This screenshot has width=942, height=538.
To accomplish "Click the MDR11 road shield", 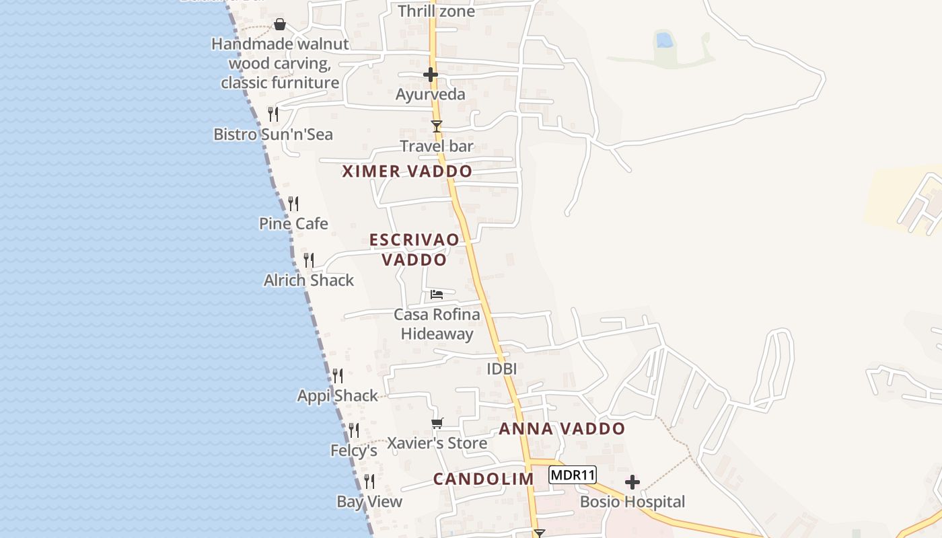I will pos(573,475).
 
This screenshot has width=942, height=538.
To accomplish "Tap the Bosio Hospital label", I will pos(632,502).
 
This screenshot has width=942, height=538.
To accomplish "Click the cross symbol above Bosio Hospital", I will pos(632,482).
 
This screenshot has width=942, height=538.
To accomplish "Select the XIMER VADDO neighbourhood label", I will pos(407,171).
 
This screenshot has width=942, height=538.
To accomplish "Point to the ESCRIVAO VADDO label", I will pos(414,249).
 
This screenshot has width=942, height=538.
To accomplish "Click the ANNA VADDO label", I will pos(562,428).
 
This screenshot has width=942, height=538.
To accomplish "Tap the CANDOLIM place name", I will pos(483,479).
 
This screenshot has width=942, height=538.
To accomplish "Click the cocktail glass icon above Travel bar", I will pos(437,126).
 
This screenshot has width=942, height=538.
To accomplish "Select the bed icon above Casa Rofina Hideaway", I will pos(437,294).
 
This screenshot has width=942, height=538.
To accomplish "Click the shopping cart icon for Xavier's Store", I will pos(437,423).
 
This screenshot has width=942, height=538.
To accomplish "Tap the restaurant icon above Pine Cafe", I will pos(293,203).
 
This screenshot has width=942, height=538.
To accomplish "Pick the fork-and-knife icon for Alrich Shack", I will pos(309,260).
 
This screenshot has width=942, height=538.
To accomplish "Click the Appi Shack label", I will pos(338,395).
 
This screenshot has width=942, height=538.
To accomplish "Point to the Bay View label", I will pos(369,501).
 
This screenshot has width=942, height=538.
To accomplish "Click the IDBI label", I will pos(501,369).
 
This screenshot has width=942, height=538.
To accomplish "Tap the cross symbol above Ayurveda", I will pos(431,75).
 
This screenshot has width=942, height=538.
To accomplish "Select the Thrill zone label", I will pos(436,11).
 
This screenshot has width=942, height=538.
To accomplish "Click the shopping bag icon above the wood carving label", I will pos(280,25).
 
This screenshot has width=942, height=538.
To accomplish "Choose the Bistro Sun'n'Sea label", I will pos(273,134).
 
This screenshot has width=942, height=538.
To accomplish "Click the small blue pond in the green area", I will pos(664,40).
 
